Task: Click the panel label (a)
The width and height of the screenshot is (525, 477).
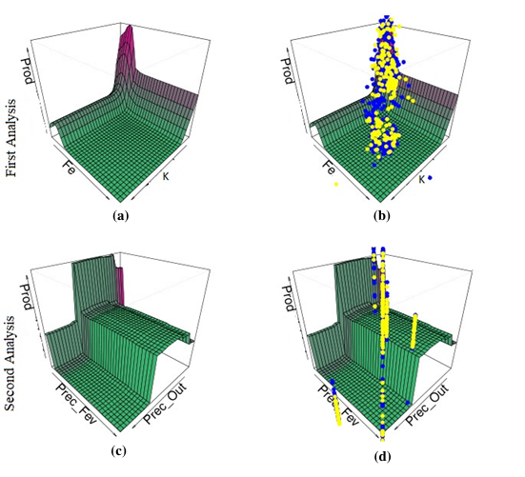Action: (x=121, y=216)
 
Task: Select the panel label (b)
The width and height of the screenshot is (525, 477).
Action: (x=382, y=216)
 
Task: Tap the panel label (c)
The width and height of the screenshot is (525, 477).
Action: (x=119, y=451)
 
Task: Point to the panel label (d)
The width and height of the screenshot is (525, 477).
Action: (x=382, y=456)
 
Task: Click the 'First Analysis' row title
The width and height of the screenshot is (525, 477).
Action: (x=11, y=137)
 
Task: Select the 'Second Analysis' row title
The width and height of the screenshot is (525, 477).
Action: (x=10, y=364)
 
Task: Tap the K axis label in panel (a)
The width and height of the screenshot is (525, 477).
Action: (x=166, y=176)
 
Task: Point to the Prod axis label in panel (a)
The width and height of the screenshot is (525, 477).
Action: (x=29, y=70)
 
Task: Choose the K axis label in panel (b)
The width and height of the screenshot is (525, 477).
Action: (x=421, y=180)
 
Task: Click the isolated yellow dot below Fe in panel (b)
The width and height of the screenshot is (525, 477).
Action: (x=336, y=184)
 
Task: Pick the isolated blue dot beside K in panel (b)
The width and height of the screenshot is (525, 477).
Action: (x=430, y=178)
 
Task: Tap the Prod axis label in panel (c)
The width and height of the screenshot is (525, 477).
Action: (x=29, y=297)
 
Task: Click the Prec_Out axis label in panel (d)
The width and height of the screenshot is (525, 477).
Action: (x=427, y=405)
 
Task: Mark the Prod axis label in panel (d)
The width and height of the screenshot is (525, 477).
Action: (x=289, y=298)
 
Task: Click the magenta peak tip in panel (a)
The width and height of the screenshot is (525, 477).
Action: (x=131, y=27)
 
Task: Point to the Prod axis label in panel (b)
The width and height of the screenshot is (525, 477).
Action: (x=289, y=70)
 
